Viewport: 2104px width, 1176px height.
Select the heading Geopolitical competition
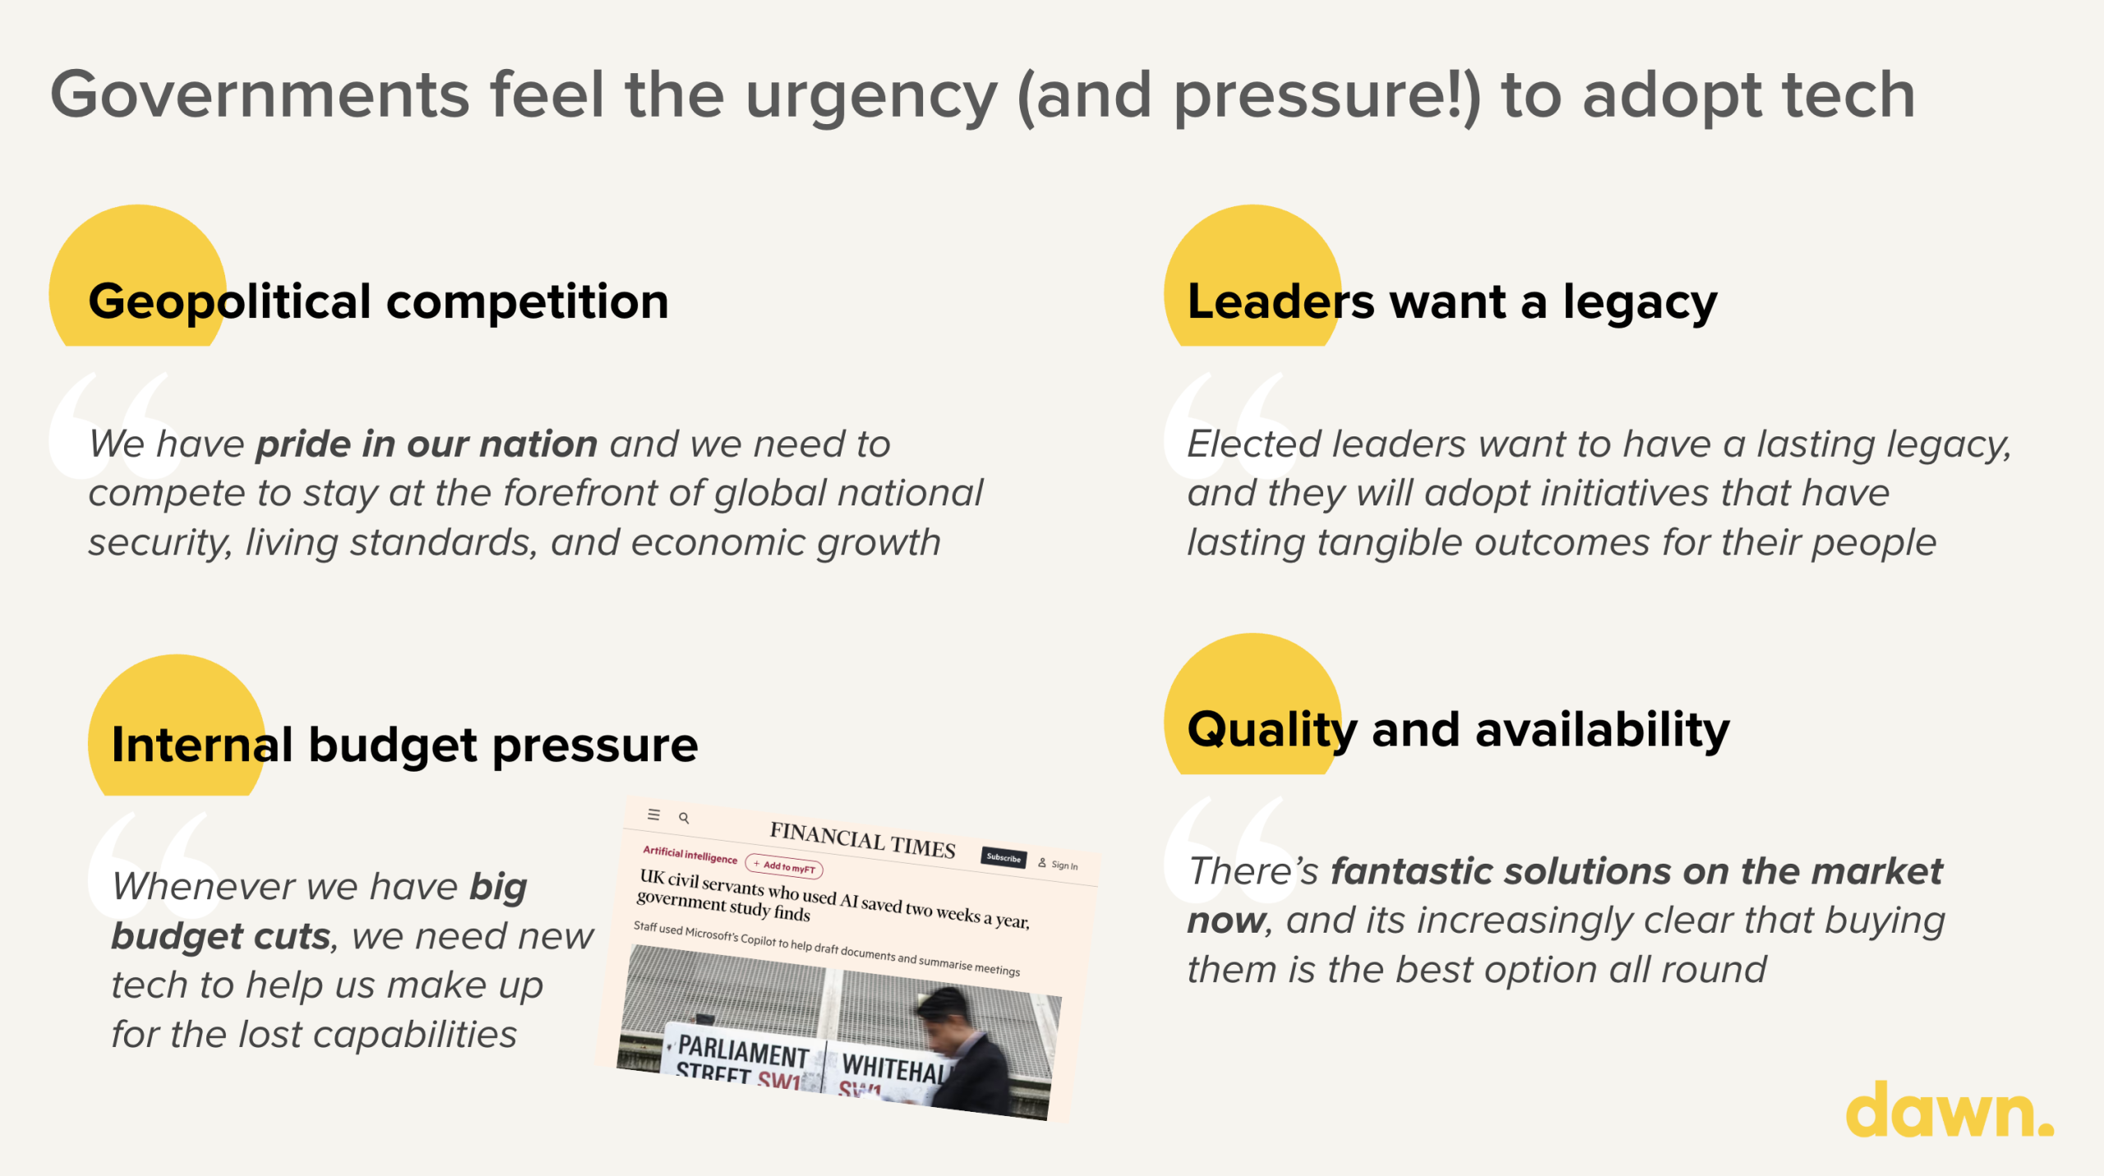coord(378,302)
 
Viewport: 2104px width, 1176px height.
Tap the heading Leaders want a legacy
coord(1452,302)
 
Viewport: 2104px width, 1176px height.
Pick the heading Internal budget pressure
coord(404,745)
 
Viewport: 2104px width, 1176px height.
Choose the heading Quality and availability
coord(1459,730)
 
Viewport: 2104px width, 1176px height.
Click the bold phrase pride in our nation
coord(427,445)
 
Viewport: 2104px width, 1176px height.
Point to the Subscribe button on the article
coord(1004,857)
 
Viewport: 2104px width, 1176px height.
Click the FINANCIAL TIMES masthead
coord(862,840)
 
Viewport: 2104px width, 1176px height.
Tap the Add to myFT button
coord(784,866)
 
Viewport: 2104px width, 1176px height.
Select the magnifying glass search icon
coord(684,818)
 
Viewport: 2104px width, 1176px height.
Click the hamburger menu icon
coord(653,814)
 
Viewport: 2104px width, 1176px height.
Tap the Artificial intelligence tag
coord(690,855)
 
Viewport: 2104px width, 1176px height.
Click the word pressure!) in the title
coord(1327,97)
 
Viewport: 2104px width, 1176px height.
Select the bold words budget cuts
coord(221,936)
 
